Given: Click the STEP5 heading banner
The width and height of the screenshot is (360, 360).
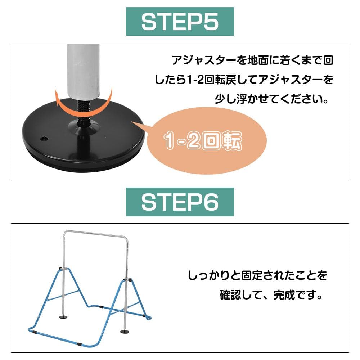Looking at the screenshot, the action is tap(180, 22).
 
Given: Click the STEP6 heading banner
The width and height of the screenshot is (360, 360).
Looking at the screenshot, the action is tap(180, 202).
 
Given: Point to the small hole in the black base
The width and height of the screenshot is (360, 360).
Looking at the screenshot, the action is tap(44, 139).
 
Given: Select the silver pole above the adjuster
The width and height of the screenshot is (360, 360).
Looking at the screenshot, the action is tap(83, 71).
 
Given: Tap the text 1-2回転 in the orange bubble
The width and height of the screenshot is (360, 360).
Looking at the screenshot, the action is tap(203, 140).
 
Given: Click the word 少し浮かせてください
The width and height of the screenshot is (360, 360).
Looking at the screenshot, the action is tap(271, 99).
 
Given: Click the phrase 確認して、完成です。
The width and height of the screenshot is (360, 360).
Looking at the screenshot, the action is tap(271, 295).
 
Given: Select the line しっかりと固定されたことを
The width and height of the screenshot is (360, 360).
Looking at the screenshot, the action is tap(257, 275).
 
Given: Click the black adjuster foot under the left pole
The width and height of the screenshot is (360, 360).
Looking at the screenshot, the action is tap(63, 317).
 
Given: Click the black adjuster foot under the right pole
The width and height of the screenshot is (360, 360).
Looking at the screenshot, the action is tap(125, 331).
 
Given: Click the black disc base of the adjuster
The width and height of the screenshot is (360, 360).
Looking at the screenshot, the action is tap(84, 142).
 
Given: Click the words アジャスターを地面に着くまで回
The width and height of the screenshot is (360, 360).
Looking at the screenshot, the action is tap(253, 60).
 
